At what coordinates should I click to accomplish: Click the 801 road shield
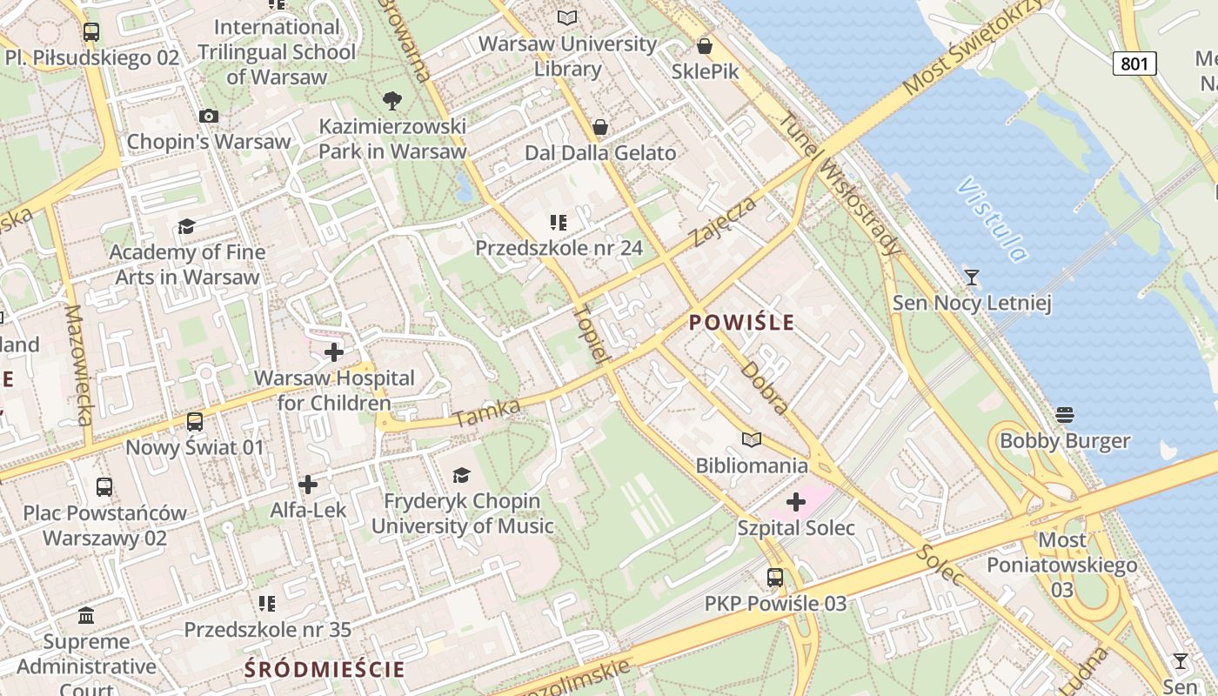click(x=1134, y=63)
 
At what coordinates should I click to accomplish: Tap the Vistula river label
click(x=992, y=219)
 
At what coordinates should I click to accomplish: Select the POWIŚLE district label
click(x=741, y=323)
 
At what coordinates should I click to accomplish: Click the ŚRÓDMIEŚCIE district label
click(x=325, y=669)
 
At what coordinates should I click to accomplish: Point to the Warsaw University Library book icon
click(x=567, y=17)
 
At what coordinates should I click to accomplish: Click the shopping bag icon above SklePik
click(x=705, y=46)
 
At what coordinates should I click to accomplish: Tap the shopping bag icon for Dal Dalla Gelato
click(x=599, y=128)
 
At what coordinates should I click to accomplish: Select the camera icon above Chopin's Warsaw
click(x=208, y=116)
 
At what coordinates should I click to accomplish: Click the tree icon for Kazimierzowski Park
click(x=392, y=101)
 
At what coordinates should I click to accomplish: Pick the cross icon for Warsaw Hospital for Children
click(x=333, y=352)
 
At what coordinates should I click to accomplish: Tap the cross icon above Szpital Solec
click(x=796, y=501)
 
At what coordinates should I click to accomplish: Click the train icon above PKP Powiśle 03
click(x=774, y=577)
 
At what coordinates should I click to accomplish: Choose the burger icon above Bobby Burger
click(x=1065, y=414)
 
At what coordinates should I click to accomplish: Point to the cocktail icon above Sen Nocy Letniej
click(x=972, y=278)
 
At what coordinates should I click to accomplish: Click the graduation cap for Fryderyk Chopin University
click(x=461, y=475)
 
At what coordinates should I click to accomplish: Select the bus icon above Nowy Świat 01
click(x=195, y=422)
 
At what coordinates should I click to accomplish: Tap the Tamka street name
click(x=488, y=414)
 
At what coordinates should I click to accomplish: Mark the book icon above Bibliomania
click(x=751, y=439)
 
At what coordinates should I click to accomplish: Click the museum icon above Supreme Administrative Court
click(x=86, y=616)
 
